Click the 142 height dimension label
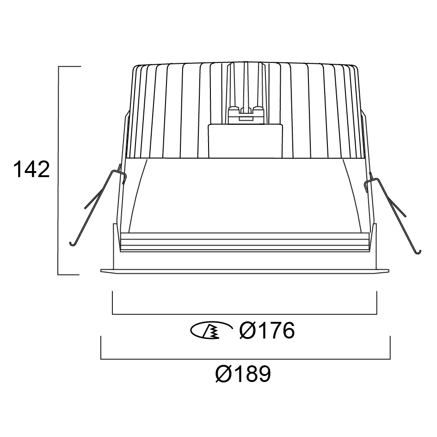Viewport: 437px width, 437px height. click(31, 169)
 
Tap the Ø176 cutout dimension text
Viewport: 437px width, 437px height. click(267, 331)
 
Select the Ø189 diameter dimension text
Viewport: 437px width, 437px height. click(243, 374)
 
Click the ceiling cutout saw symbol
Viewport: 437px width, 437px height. click(211, 331)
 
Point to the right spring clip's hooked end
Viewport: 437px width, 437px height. click(419, 252)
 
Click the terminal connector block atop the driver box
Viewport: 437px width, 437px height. click(246, 114)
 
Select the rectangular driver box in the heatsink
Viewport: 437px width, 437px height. click(246, 141)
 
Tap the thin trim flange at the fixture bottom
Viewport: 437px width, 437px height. click(245, 271)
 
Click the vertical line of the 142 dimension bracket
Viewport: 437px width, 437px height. click(58, 171)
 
